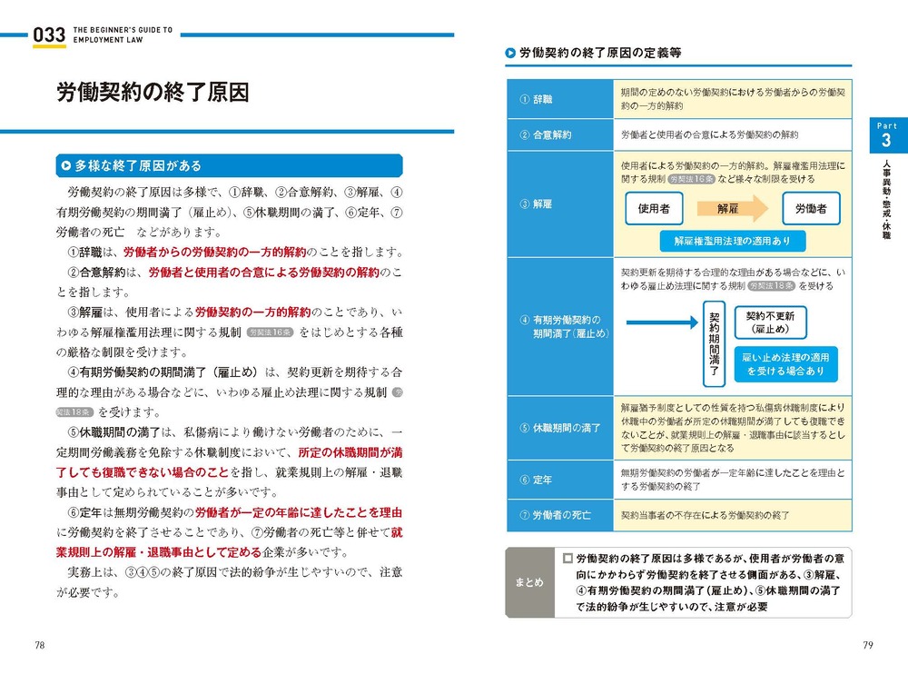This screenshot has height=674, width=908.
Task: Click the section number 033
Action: click(x=49, y=35)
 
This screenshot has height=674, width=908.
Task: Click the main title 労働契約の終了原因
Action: click(x=152, y=94)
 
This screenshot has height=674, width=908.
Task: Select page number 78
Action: click(x=41, y=645)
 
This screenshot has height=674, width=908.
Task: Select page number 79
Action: click(x=867, y=645)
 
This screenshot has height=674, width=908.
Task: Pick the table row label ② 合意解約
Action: click(x=546, y=134)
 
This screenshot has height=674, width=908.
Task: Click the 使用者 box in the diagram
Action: click(x=654, y=209)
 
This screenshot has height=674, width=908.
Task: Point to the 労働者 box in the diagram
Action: click(x=811, y=209)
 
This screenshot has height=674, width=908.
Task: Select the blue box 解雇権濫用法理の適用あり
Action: click(x=732, y=241)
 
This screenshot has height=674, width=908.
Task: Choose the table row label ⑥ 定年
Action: click(x=537, y=479)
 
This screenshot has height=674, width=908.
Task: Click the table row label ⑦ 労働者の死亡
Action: click(x=556, y=515)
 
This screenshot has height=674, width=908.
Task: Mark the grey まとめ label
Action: click(x=528, y=582)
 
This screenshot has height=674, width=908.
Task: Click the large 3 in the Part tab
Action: click(x=885, y=143)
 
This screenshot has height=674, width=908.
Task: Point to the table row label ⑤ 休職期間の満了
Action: click(x=560, y=427)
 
